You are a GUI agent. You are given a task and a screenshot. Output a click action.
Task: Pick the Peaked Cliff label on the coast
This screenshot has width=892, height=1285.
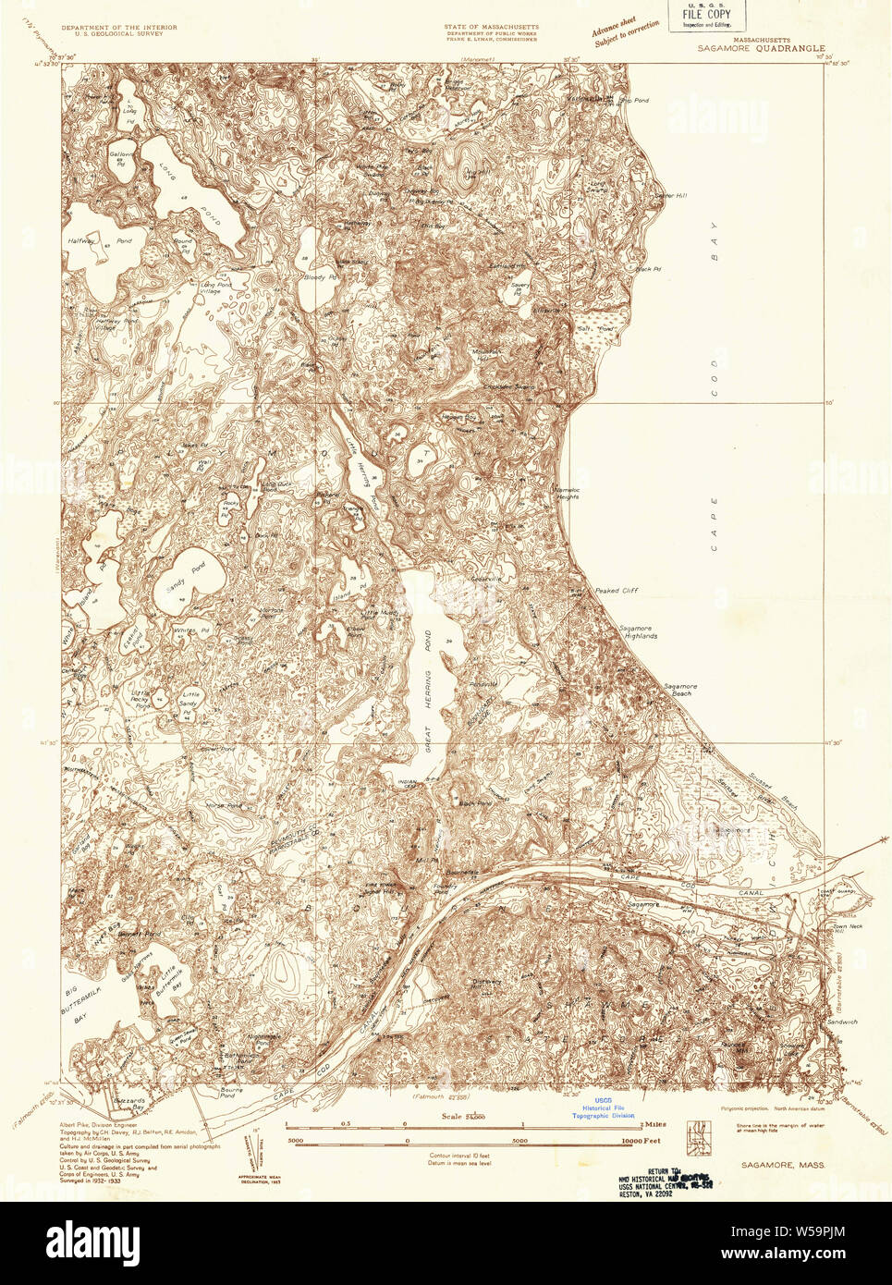tap(616, 591)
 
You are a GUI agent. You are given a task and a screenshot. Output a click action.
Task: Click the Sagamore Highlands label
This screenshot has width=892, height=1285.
tap(638, 632)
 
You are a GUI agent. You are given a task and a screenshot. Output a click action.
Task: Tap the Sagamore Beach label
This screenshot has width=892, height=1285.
tap(680, 690)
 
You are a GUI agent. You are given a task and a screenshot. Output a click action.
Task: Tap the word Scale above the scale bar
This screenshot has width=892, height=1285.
tap(452, 1116)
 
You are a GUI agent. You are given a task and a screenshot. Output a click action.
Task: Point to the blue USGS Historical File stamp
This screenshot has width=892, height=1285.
tap(603, 1108)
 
